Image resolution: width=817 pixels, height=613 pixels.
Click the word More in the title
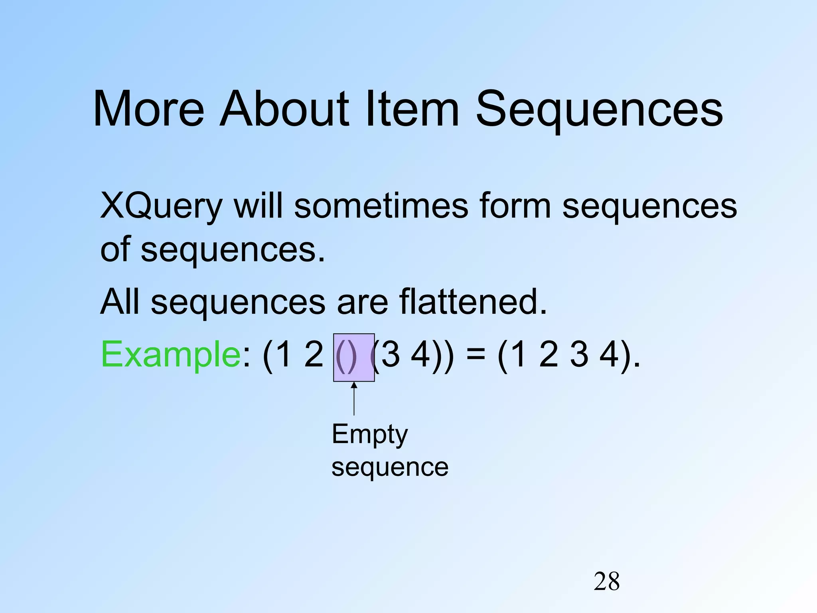(148, 109)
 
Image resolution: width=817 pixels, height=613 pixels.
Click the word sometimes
(381, 206)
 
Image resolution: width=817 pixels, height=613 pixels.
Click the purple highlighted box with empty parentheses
(354, 358)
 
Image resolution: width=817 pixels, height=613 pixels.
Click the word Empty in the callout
(370, 435)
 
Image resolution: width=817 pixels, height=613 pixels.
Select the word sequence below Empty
(390, 468)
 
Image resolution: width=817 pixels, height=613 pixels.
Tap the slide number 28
(606, 581)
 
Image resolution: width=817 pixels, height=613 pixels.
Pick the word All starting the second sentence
(120, 302)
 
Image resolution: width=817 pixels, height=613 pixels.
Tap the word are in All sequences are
(362, 303)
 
